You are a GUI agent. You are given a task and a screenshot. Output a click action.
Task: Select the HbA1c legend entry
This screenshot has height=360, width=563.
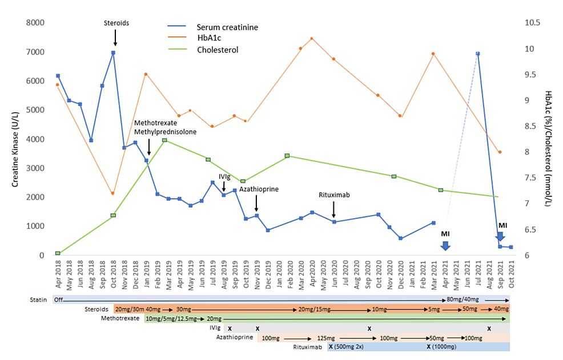click(210, 38)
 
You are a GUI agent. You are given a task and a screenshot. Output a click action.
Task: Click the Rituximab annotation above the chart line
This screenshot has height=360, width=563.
click(333, 195)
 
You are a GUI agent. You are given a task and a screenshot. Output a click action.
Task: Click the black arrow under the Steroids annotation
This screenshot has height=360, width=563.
click(115, 38)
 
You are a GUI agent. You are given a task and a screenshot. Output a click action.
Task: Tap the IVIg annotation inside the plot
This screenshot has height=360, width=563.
click(224, 177)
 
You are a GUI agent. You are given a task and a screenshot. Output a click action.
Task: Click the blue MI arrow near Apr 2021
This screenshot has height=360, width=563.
click(445, 245)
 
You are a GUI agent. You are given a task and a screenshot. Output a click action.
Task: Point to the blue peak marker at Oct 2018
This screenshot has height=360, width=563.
click(113, 52)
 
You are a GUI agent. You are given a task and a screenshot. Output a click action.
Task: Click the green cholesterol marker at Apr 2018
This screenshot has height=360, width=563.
click(58, 253)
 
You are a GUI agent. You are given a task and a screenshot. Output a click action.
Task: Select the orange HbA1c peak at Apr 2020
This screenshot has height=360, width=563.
click(312, 39)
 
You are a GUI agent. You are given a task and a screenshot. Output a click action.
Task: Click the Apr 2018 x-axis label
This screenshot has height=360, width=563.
click(58, 274)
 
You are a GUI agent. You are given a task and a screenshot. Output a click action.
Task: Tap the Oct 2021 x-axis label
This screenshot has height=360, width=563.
click(512, 274)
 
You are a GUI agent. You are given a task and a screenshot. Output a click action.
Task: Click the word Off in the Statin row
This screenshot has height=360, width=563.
click(58, 299)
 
